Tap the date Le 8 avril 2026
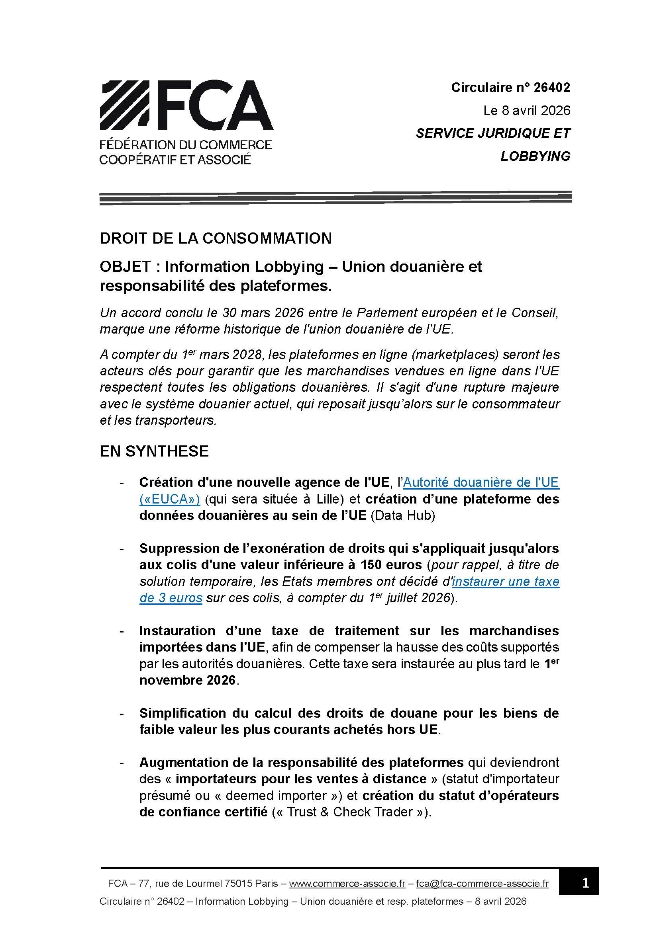coord(527,111)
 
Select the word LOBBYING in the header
coord(535,156)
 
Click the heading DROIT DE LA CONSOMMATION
coord(216,238)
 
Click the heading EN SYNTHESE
coord(154,451)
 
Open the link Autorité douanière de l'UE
coord(481,482)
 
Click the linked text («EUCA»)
coord(170,499)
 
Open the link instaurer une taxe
coord(506,582)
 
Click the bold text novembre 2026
coord(188,680)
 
